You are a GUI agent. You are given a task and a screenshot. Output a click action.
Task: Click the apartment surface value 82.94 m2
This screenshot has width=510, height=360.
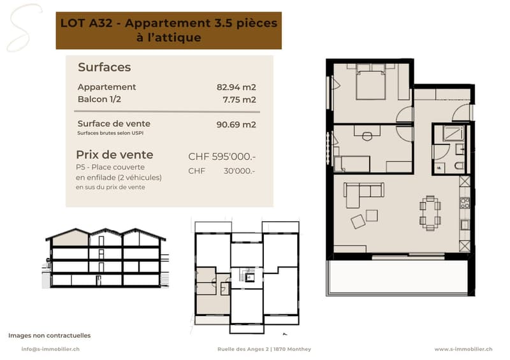pyautogui.click(x=236, y=87)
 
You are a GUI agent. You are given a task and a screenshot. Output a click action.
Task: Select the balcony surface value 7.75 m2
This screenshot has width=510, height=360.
pyautogui.click(x=239, y=99)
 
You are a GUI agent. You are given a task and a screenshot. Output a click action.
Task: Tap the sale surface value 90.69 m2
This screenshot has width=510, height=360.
pyautogui.click(x=236, y=124)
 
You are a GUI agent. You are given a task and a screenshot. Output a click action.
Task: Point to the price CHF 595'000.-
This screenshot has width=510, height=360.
pyautogui.click(x=222, y=157)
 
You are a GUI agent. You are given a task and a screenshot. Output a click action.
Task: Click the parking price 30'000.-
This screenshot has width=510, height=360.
pyautogui.click(x=240, y=171)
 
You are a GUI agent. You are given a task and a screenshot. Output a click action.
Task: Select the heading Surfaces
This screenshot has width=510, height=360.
pyautogui.click(x=105, y=68)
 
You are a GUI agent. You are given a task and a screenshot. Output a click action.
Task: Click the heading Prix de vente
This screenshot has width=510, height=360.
pyautogui.click(x=115, y=155)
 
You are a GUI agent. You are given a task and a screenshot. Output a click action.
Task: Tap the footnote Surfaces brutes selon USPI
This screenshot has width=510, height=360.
pyautogui.click(x=110, y=133)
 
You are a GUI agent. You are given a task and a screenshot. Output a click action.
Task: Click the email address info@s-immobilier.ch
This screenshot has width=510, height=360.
pyautogui.click(x=50, y=349)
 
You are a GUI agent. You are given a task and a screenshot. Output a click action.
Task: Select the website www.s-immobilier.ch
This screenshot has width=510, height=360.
pyautogui.click(x=463, y=349)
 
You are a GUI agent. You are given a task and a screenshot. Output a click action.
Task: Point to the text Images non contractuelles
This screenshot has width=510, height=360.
pyautogui.click(x=50, y=335)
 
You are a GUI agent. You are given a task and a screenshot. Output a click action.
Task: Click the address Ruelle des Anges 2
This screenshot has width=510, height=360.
pyautogui.click(x=244, y=349)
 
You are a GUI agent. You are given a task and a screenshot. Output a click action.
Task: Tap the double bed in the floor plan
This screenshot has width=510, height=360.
pyautogui.click(x=371, y=82)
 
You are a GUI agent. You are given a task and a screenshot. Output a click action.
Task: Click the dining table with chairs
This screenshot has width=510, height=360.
pyautogui.click(x=430, y=213)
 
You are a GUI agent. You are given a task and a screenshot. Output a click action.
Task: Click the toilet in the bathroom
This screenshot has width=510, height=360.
pyautogui.click(x=460, y=166)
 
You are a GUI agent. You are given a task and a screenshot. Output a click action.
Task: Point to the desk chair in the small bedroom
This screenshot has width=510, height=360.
pyautogui.click(x=367, y=136)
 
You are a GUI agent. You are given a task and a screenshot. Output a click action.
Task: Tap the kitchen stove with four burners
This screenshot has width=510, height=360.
pyautogui.click(x=465, y=203)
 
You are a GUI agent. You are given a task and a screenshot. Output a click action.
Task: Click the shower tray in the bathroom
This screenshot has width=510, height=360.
pyautogui.click(x=453, y=134)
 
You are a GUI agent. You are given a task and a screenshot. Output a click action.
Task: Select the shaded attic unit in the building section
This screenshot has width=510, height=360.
pyautogui.click(x=71, y=239)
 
